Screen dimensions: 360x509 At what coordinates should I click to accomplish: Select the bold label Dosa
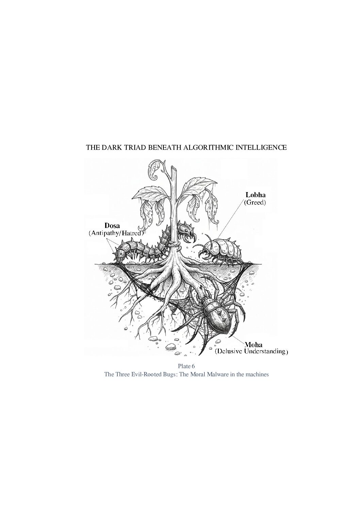(x=112, y=226)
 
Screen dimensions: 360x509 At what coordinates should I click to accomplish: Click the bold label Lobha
(x=256, y=195)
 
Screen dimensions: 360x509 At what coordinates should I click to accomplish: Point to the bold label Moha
(x=253, y=345)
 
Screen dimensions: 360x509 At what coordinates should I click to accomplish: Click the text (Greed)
(x=255, y=202)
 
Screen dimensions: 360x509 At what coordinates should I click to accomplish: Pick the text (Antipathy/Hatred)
(x=116, y=233)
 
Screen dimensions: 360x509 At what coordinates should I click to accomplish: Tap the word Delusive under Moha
(x=229, y=352)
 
